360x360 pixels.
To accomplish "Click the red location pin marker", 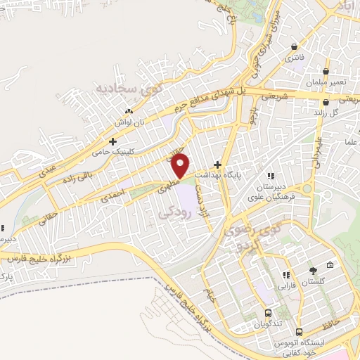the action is (181, 166).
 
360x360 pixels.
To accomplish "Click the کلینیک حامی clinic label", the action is (112, 152).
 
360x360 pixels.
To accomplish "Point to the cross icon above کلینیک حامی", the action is (112, 142).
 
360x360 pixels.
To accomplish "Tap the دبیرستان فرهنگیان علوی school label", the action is (271, 192).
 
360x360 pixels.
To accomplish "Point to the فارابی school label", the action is (285, 285).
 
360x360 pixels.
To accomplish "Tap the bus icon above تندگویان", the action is (268, 314).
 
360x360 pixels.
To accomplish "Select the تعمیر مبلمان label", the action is (325, 82).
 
